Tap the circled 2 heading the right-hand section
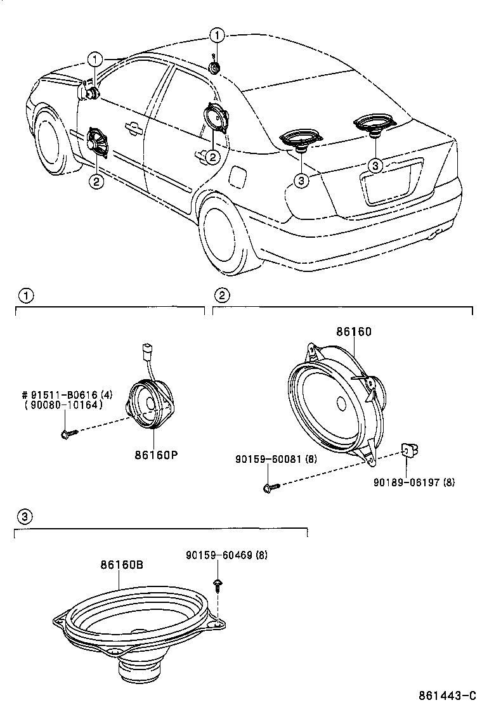coord(221,295)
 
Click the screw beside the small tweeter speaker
coord(67,434)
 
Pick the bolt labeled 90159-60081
coord(268,487)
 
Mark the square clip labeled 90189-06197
coord(409,451)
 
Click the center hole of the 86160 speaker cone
coord(341,403)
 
